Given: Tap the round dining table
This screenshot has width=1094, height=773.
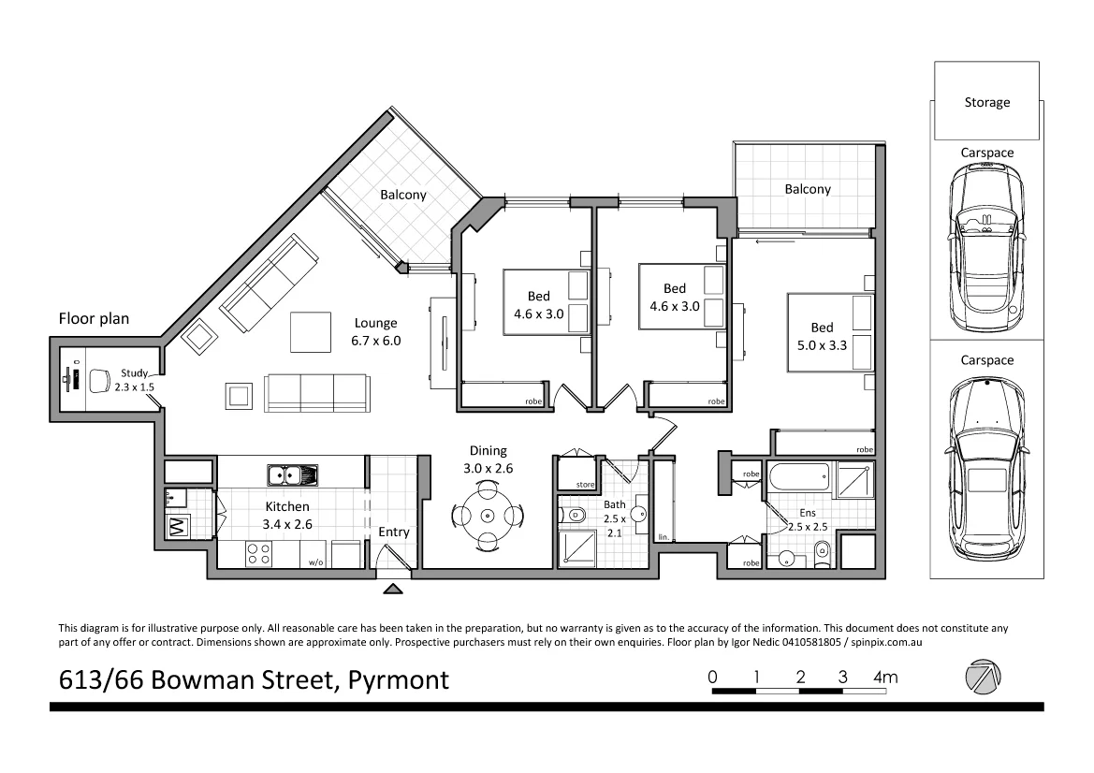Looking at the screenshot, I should [x=487, y=515].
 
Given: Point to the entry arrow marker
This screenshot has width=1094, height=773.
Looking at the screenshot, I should [x=394, y=589].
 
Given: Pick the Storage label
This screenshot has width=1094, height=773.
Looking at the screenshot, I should [x=986, y=102].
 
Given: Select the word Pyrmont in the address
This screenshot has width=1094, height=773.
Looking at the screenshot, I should [x=398, y=679].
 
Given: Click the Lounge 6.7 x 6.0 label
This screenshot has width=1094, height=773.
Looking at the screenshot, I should [x=376, y=332].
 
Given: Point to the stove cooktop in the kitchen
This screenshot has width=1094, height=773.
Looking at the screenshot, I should [x=258, y=554].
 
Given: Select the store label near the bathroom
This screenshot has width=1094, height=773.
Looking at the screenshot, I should [x=586, y=484].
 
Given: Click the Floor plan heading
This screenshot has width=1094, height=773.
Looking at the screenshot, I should [x=94, y=319].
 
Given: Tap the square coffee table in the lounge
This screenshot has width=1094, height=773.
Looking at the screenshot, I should [x=310, y=330].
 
